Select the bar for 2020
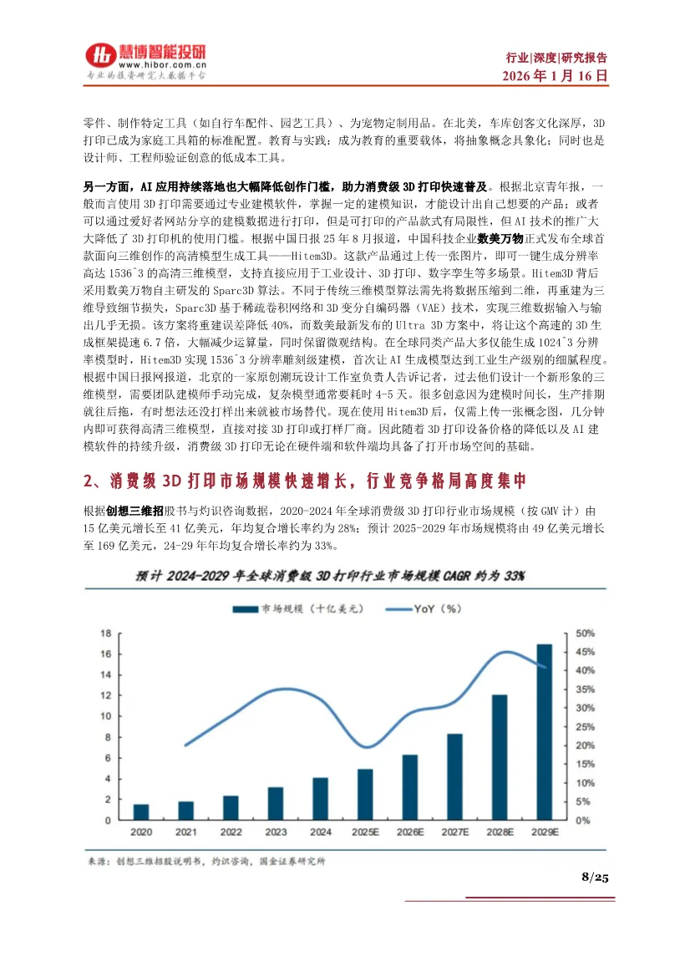142,812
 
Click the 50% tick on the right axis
586,634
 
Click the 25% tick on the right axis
586,727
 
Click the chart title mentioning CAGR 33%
332,576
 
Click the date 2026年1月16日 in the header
555,74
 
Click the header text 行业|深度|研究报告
556,58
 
